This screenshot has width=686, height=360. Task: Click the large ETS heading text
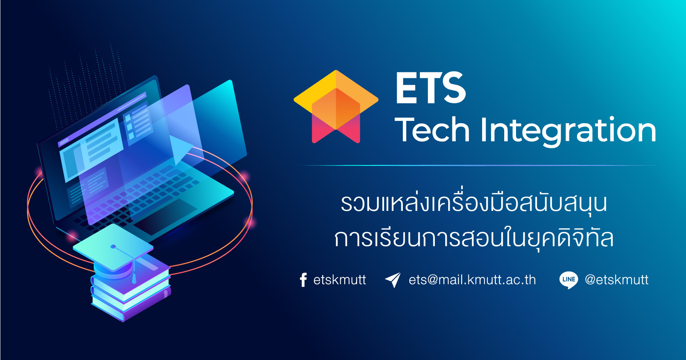(431, 88)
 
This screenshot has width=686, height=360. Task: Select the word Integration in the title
(568, 132)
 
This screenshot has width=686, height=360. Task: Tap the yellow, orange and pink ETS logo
(336, 106)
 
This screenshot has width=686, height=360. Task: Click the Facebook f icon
(303, 280)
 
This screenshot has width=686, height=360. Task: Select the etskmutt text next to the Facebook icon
(340, 280)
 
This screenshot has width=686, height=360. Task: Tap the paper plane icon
(393, 280)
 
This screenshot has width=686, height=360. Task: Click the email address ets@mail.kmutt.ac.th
(472, 280)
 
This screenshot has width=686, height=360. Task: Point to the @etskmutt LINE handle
(617, 280)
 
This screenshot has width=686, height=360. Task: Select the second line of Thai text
(474, 237)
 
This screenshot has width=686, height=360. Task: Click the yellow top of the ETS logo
(336, 86)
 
